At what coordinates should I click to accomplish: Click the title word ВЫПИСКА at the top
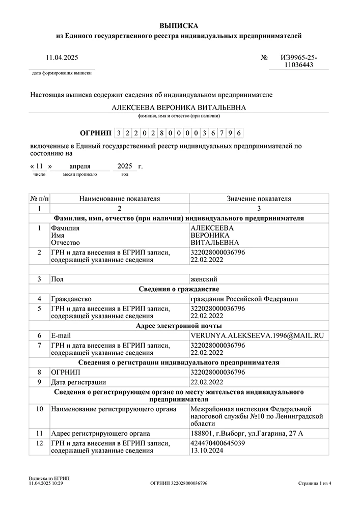pos(179,25)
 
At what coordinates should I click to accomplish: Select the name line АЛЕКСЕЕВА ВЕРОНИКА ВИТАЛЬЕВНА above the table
pos(179,107)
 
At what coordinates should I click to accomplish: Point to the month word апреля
pos(80,166)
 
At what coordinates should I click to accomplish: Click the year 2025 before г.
pos(124,166)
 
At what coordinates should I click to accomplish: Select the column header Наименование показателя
pos(120,199)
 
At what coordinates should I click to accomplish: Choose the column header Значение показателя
pos(259,199)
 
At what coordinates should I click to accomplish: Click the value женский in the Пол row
pos(204,279)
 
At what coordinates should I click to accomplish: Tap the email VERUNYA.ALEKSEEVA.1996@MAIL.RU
pos(257,336)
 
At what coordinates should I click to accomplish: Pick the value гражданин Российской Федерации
pos(244,299)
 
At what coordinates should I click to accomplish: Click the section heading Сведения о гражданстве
pos(179,289)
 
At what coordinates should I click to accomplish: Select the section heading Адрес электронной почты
pos(179,326)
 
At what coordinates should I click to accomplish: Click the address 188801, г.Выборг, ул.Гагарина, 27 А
pos(246,433)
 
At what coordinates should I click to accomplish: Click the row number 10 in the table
pos(40,409)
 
